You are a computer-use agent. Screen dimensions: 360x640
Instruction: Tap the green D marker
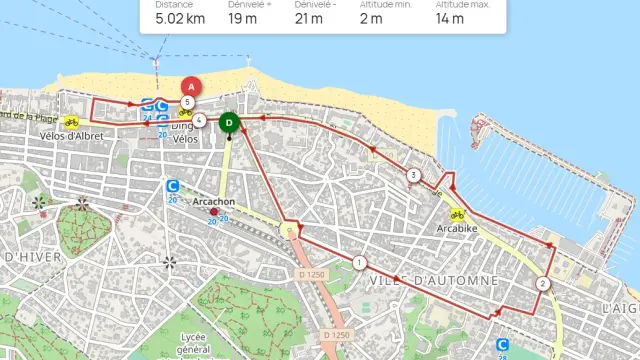[229, 122]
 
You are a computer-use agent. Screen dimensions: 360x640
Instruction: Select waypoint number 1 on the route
[359, 263]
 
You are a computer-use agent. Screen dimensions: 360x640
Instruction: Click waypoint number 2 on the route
[542, 284]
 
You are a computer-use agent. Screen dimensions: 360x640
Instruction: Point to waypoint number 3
[413, 176]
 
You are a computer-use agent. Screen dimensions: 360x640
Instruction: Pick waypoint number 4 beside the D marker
[201, 121]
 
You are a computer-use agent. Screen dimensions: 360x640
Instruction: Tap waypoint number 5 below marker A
[187, 102]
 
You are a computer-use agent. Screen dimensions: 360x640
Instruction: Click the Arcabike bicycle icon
[457, 214]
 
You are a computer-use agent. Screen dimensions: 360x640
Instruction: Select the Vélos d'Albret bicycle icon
[71, 122]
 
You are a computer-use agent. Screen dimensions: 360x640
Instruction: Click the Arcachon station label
[213, 201]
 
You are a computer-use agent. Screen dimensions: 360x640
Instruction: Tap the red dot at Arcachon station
[214, 211]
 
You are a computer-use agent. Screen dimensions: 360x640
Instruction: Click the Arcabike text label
[458, 228]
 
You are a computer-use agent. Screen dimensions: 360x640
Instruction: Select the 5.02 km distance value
[180, 18]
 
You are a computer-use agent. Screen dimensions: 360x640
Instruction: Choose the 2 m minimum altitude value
[370, 18]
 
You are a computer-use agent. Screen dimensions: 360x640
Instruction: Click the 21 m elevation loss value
[308, 18]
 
